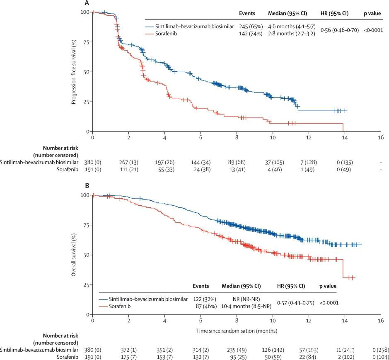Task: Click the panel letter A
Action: coord(87,3)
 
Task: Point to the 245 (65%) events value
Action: coord(249,26)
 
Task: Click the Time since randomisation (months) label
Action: coord(236,331)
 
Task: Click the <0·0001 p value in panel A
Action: coord(373,30)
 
